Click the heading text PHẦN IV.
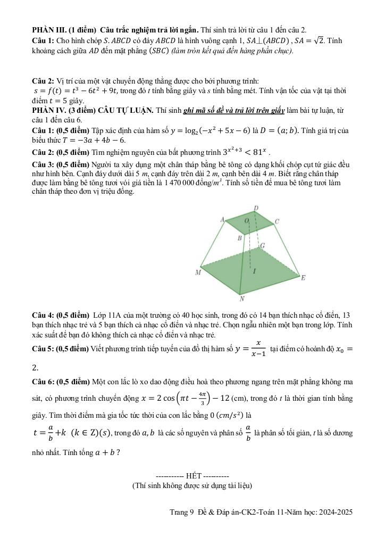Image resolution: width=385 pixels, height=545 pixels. click(49, 110)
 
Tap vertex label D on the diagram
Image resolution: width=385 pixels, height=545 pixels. click(256, 208)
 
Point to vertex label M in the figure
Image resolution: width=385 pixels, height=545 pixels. click(198, 273)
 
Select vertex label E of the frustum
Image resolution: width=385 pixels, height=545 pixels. click(304, 278)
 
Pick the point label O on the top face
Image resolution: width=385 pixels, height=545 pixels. click(246, 220)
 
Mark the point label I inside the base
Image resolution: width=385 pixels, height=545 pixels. click(254, 271)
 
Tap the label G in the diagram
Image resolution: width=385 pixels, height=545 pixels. click(262, 246)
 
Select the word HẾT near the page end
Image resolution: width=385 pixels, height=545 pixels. click(190, 475)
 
